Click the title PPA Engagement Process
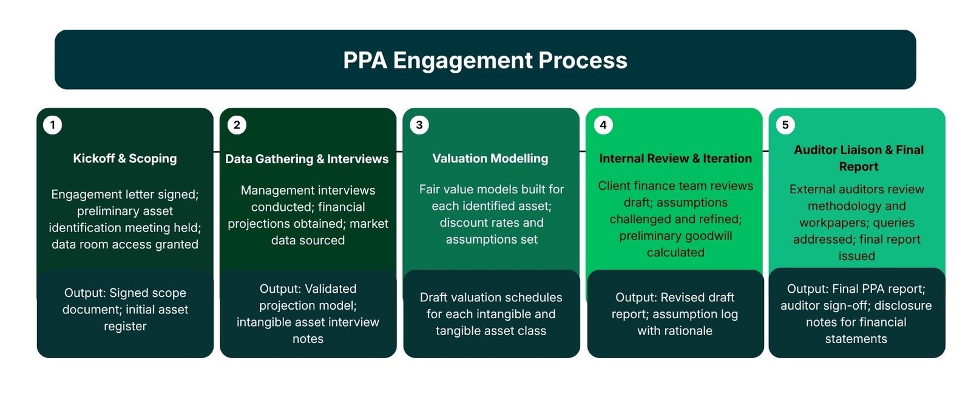pyautogui.click(x=485, y=60)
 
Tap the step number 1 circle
pyautogui.click(x=53, y=125)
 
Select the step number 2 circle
pyautogui.click(x=237, y=125)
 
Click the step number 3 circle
pyautogui.click(x=419, y=125)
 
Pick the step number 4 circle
pyautogui.click(x=603, y=125)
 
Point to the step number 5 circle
pyautogui.click(x=785, y=125)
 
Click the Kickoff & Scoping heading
pyautogui.click(x=125, y=158)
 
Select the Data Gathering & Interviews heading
pyautogui.click(x=307, y=159)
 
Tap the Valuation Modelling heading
pyautogui.click(x=490, y=158)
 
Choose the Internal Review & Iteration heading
pyautogui.click(x=675, y=158)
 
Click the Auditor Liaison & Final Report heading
pyautogui.click(x=858, y=158)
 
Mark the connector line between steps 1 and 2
pyautogui.click(x=217, y=151)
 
